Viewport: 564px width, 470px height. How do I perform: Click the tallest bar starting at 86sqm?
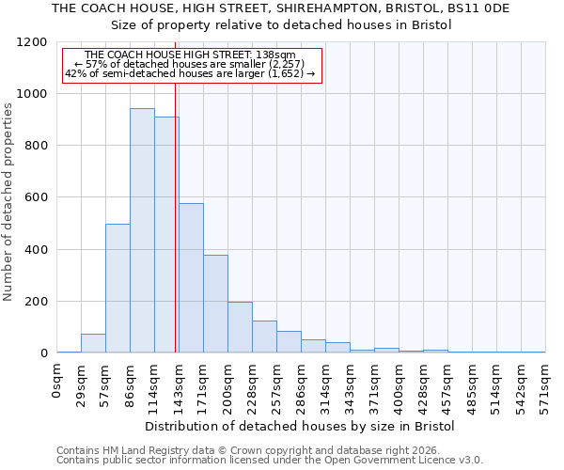tap(142, 230)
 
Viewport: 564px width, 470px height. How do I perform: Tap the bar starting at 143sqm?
tap(191, 278)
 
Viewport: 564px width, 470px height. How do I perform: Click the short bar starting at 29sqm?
tap(93, 343)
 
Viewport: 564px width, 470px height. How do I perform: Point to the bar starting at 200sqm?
tap(240, 327)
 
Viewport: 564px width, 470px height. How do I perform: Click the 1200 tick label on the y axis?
tap(31, 42)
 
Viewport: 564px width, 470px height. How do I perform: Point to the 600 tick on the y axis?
tap(35, 197)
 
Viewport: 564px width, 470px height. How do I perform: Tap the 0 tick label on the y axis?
tap(43, 353)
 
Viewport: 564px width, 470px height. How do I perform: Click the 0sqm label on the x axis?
tap(57, 382)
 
